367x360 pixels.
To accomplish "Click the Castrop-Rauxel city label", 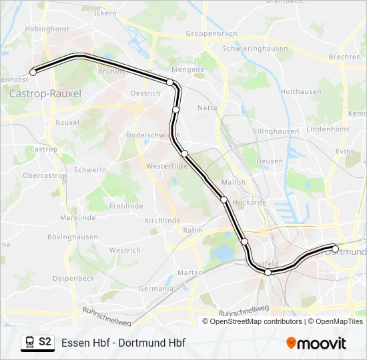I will (x=45, y=94).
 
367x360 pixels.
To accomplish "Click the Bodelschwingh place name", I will (x=148, y=135).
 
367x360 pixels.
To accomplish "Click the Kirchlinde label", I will (x=163, y=220).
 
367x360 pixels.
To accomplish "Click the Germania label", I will (x=156, y=289).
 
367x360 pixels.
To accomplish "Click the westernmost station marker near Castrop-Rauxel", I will (x=33, y=72).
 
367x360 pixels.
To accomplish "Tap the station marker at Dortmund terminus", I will (x=336, y=249).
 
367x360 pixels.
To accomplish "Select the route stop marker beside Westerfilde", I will (x=185, y=154).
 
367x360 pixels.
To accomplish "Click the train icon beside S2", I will (x=29, y=342).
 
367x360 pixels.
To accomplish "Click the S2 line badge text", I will (x=45, y=342).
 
